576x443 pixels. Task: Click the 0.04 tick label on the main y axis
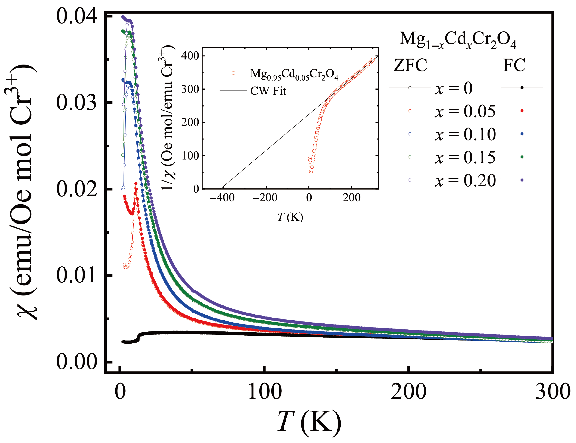pos(77,16)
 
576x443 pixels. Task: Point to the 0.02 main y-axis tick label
pos(77,189)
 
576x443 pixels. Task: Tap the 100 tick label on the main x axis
pos(265,392)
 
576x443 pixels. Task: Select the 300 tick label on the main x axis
pos(552,392)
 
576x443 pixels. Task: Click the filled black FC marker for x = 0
pos(522,88)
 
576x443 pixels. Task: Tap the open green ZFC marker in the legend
pos(410,157)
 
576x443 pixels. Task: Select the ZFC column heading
pos(410,65)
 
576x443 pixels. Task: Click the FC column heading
pos(514,65)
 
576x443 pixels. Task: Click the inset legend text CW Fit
pos(268,91)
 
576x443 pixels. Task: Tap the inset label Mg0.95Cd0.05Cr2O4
pos(294,74)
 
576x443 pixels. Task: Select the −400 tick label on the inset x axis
pos(222,197)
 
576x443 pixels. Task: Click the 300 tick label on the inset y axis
pos(190,89)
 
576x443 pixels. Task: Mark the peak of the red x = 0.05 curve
pos(136,183)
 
